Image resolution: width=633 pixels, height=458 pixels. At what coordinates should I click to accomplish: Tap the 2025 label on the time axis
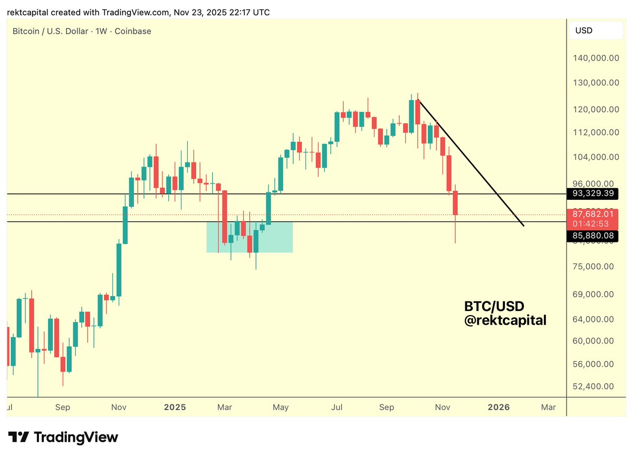[x=175, y=407]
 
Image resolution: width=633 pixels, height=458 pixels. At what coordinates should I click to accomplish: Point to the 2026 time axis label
[x=498, y=407]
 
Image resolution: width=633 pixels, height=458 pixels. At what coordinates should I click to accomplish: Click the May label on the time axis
[x=281, y=407]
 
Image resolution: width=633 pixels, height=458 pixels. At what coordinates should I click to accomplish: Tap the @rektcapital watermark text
[x=505, y=320]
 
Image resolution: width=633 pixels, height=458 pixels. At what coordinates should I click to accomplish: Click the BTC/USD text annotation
[x=494, y=306]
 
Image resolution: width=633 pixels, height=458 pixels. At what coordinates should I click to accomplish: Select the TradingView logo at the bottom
[x=63, y=437]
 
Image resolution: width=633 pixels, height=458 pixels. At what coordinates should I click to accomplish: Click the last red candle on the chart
[x=456, y=203]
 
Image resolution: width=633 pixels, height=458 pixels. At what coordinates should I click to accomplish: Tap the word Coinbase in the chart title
[x=132, y=31]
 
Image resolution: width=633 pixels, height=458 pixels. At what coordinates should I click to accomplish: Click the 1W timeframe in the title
[x=101, y=31]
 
